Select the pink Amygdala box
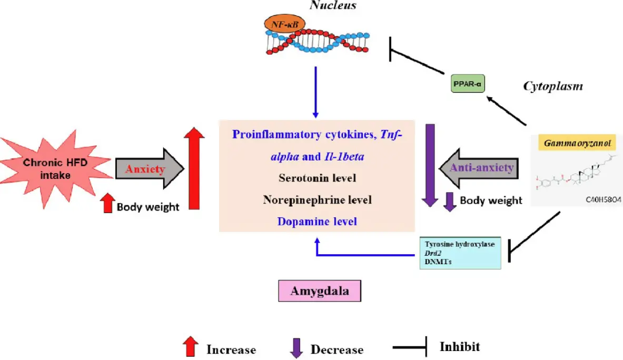tap(320, 291)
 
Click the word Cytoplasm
tap(552, 86)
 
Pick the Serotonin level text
tap(317, 178)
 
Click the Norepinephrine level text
tap(317, 200)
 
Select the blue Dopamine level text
tap(317, 222)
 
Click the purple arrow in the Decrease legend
tap(297, 347)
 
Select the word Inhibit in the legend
tap(460, 347)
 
